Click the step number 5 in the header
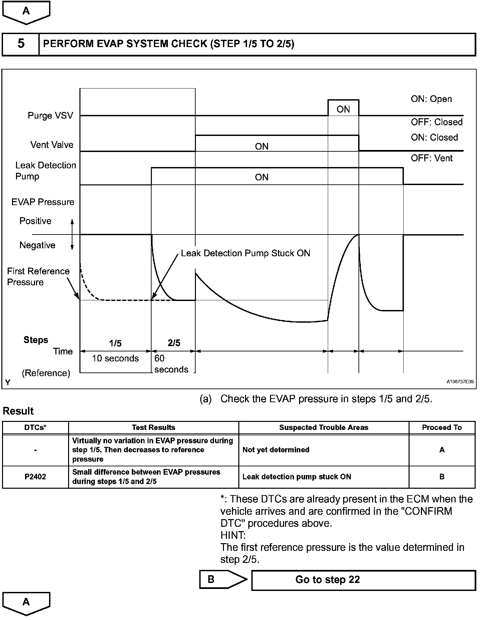point(21,44)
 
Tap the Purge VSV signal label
point(50,116)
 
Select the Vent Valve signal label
point(52,145)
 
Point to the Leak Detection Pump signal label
point(46,171)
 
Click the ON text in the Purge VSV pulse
point(343,109)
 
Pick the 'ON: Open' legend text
point(431,99)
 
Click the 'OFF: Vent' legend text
point(432,158)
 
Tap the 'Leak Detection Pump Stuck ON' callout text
point(245,253)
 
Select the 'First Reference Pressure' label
point(38,277)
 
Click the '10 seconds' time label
point(115,358)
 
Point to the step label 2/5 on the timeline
point(174,343)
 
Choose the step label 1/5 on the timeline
point(115,343)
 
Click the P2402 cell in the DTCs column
point(35,477)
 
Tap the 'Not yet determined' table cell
point(276,450)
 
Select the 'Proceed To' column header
point(442,428)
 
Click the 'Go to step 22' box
point(363,580)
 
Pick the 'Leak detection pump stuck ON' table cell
point(297,477)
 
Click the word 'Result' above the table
point(18,411)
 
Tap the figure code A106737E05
point(460,381)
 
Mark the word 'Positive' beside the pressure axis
point(35,221)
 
